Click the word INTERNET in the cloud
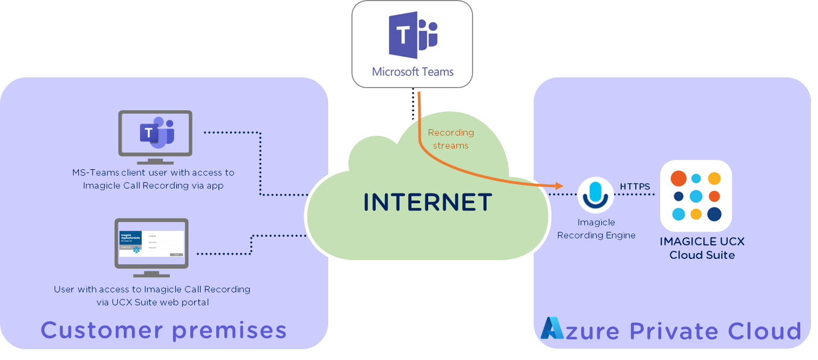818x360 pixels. point(427,202)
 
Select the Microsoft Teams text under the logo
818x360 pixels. point(413,71)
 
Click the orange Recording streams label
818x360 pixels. point(451,139)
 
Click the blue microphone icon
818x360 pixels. point(595,194)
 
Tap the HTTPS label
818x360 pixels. point(635,186)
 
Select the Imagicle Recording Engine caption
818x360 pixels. point(596,229)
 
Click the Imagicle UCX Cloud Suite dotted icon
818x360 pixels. point(696,196)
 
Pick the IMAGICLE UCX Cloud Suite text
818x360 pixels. point(702,248)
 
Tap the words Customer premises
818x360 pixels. point(163,330)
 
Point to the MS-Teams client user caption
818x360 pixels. point(154,179)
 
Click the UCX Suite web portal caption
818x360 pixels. point(152,296)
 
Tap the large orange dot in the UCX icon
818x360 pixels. point(678,178)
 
